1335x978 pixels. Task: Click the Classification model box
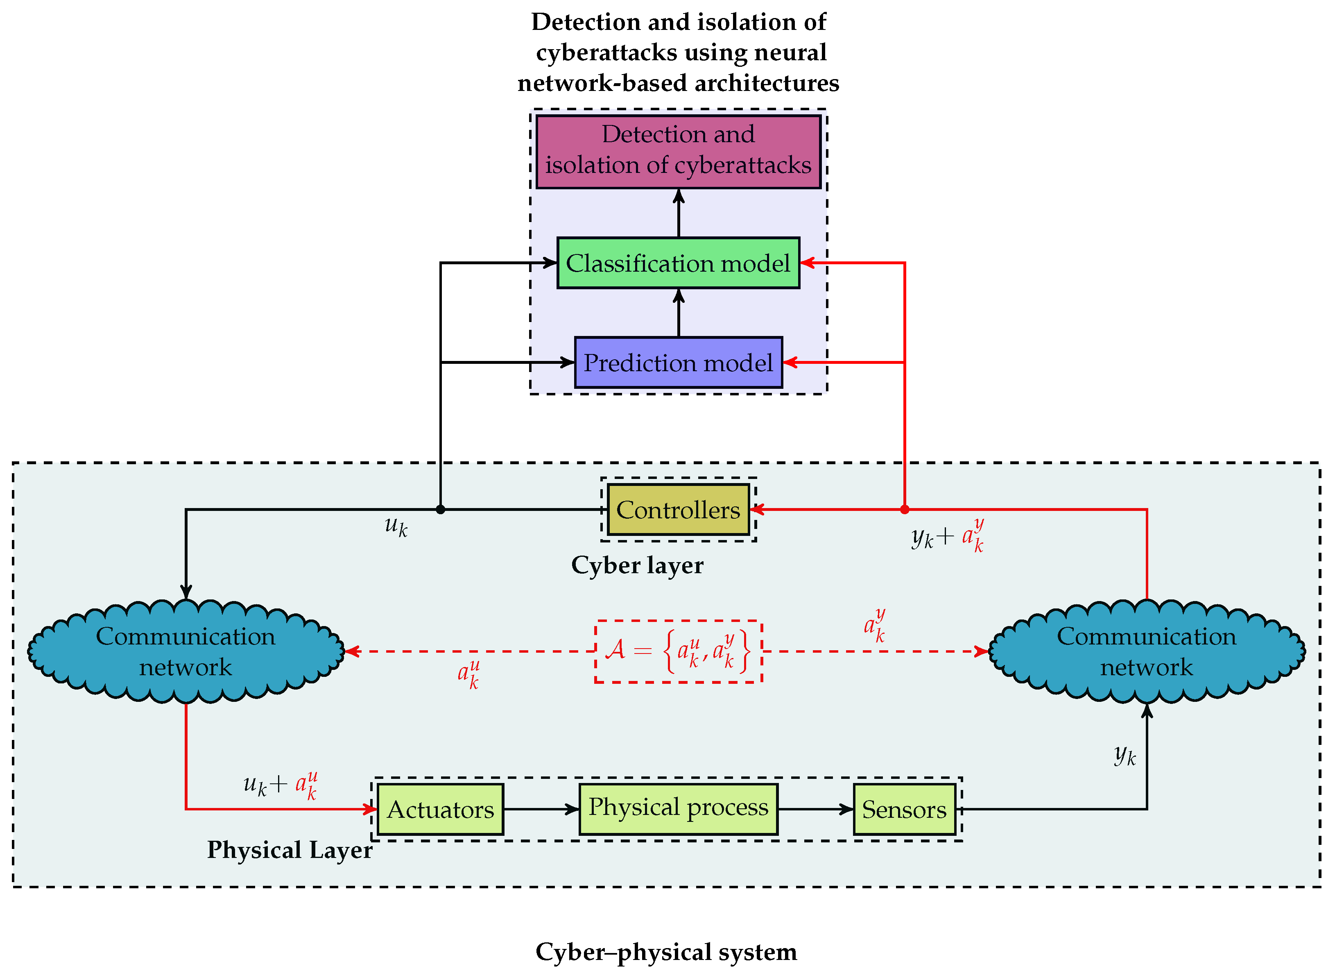[678, 263]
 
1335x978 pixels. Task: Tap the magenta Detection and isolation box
[678, 152]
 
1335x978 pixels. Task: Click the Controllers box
[678, 510]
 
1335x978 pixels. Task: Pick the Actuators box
[440, 809]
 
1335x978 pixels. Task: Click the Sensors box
[904, 809]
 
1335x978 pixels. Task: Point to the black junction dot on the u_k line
[440, 510]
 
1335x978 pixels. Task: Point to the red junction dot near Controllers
[904, 510]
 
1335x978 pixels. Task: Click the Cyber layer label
[637, 565]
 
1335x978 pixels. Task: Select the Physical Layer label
[290, 850]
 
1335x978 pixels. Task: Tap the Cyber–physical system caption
[666, 952]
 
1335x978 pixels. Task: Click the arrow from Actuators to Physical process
[540, 809]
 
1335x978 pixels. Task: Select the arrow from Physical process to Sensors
[815, 809]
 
